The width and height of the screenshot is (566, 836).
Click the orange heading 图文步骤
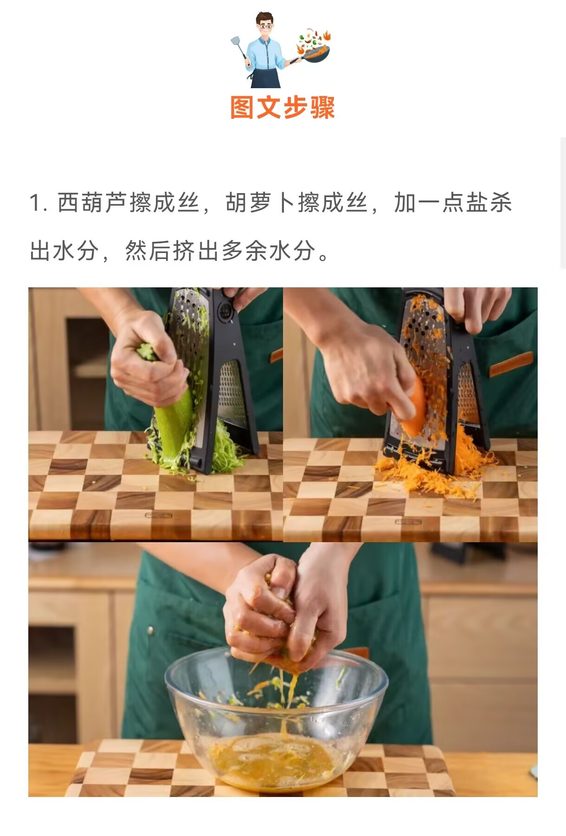[x=283, y=108]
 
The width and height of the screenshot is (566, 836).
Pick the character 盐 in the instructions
[x=476, y=203]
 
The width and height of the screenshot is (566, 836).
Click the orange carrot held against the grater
[x=413, y=408]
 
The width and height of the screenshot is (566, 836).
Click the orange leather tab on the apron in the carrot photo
[x=511, y=365]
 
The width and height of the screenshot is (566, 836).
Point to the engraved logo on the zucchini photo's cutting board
[x=159, y=515]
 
